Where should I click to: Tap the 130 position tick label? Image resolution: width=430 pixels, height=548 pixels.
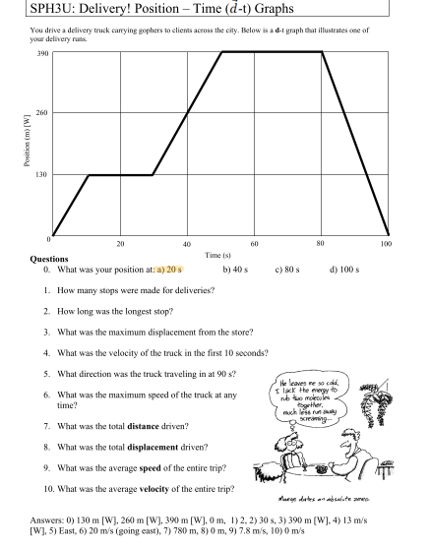click(x=39, y=175)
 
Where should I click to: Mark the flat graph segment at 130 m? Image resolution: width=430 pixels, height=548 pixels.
click(x=120, y=175)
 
